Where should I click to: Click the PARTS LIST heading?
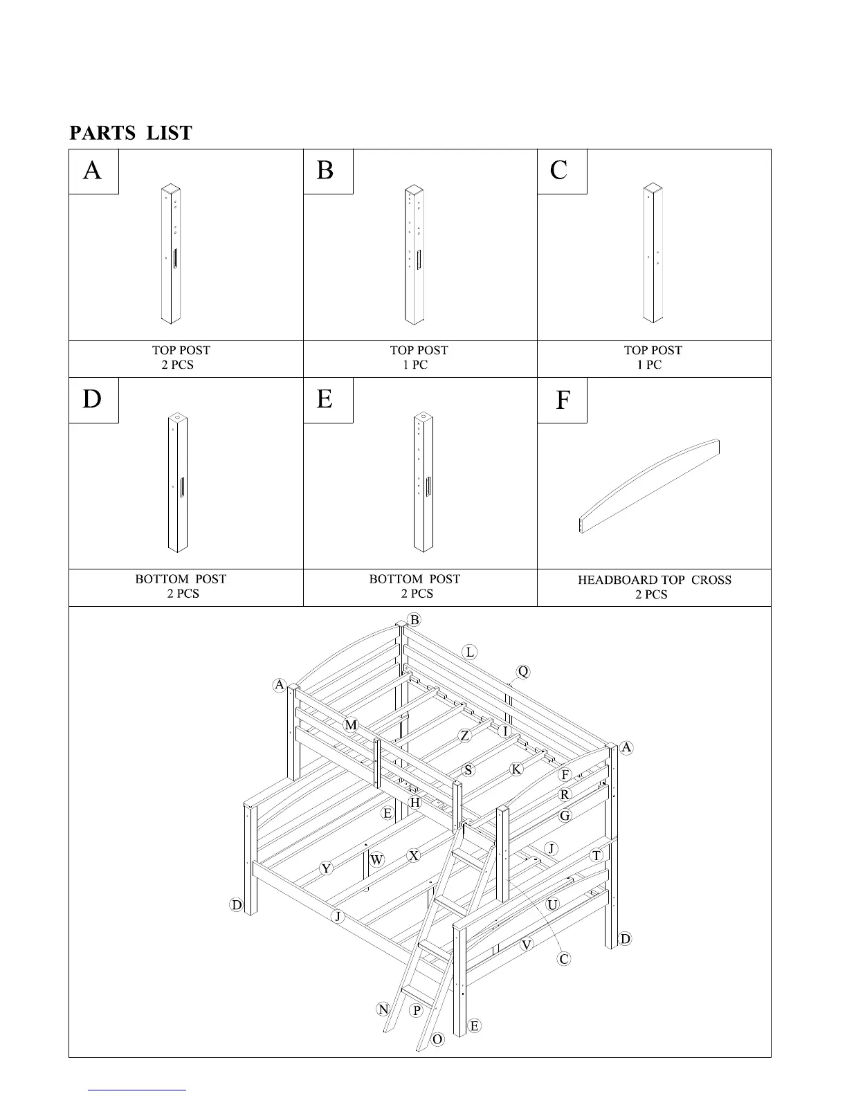pyautogui.click(x=131, y=133)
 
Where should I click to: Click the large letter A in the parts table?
pyautogui.click(x=92, y=170)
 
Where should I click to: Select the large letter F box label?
pyautogui.click(x=563, y=400)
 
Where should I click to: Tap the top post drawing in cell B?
pyautogui.click(x=415, y=254)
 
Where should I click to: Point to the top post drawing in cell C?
pyautogui.click(x=653, y=253)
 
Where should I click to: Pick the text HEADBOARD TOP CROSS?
pyautogui.click(x=654, y=581)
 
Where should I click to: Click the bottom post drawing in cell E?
pyautogui.click(x=423, y=482)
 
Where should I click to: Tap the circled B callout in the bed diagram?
pyautogui.click(x=414, y=620)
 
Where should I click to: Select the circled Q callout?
pyautogui.click(x=523, y=672)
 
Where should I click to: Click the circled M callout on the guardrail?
pyautogui.click(x=351, y=725)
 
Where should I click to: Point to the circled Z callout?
pyautogui.click(x=465, y=736)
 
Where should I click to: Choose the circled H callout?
pyautogui.click(x=415, y=803)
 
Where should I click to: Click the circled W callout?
pyautogui.click(x=376, y=860)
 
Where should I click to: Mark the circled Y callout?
pyautogui.click(x=326, y=869)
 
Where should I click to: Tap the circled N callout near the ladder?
pyautogui.click(x=383, y=1009)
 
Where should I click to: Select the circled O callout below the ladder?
pyautogui.click(x=437, y=1039)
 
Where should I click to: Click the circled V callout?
pyautogui.click(x=527, y=944)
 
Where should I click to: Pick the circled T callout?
pyautogui.click(x=596, y=856)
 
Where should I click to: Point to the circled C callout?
pyautogui.click(x=564, y=959)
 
